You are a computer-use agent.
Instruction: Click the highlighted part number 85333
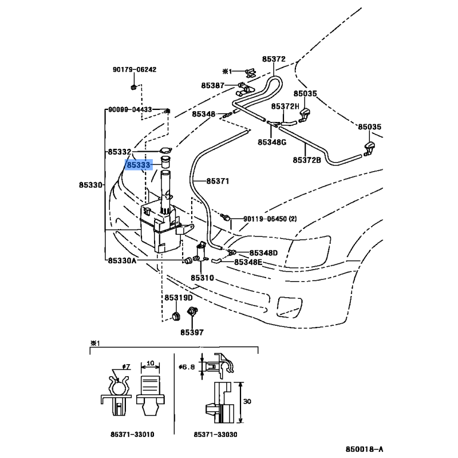coord(139,165)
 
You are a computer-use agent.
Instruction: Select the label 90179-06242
coord(135,69)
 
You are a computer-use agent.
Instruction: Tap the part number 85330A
coord(122,260)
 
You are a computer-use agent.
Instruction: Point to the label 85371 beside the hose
coord(218,181)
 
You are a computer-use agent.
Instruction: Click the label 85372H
coord(285,106)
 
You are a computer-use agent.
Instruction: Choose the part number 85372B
coord(307,160)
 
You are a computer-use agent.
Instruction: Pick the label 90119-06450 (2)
coord(270,219)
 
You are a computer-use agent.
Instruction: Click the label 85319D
coord(179,298)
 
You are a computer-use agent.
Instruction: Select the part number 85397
coord(192,333)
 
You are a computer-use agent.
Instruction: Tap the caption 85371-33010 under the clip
coord(132,435)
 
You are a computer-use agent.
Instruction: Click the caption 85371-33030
coord(216,435)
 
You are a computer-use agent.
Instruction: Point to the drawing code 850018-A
coord(364,449)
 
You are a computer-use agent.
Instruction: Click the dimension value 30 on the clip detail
coord(247,401)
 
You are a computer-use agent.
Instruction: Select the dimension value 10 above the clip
coord(150,363)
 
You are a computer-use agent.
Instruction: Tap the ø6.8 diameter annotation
coord(187,366)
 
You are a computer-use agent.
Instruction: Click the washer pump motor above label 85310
coord(201,252)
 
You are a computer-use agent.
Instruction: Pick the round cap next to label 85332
coord(165,151)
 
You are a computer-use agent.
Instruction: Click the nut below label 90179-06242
coord(133,87)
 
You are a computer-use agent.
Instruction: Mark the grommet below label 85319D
coord(176,316)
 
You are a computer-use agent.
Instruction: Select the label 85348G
coord(272,142)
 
